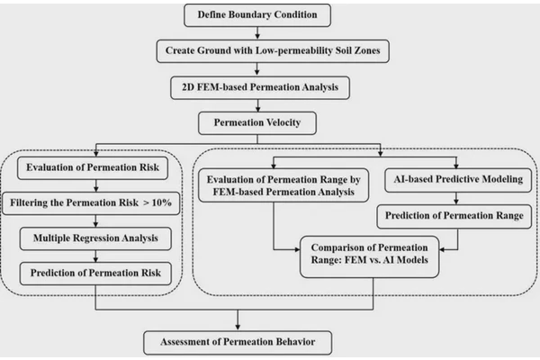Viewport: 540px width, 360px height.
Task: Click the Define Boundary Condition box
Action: (x=257, y=15)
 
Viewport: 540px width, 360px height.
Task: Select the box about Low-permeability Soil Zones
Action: (x=273, y=51)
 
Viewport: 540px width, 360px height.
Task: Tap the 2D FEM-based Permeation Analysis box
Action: (x=260, y=87)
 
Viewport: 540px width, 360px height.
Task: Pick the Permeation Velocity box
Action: (x=257, y=123)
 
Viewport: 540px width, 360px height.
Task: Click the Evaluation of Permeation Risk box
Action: (x=93, y=167)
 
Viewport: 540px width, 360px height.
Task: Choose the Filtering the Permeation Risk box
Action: (x=91, y=203)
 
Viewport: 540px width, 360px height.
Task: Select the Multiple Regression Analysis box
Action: (x=95, y=238)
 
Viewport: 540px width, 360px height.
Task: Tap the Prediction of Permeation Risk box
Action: (x=95, y=274)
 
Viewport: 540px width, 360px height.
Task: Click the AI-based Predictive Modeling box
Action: (x=458, y=180)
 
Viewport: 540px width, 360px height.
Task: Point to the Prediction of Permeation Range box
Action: (x=454, y=216)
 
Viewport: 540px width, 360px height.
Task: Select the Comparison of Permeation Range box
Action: (x=370, y=256)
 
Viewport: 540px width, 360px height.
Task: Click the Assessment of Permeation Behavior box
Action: (x=238, y=343)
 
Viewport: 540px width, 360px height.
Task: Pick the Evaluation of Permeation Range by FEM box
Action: (x=283, y=185)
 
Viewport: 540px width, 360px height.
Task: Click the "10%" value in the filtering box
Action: (x=161, y=202)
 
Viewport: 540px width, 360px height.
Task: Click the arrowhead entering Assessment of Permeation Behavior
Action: (x=238, y=327)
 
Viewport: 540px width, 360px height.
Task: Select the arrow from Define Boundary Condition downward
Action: (x=257, y=33)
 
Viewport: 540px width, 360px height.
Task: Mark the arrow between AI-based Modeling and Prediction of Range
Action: (x=456, y=198)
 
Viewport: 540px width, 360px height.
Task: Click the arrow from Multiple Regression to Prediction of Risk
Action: (x=95, y=256)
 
